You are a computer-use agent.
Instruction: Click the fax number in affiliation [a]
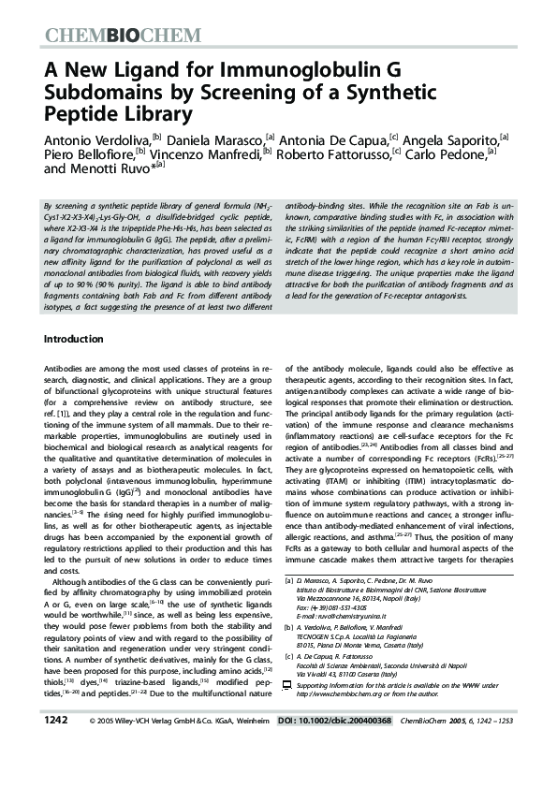tap(328, 608)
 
